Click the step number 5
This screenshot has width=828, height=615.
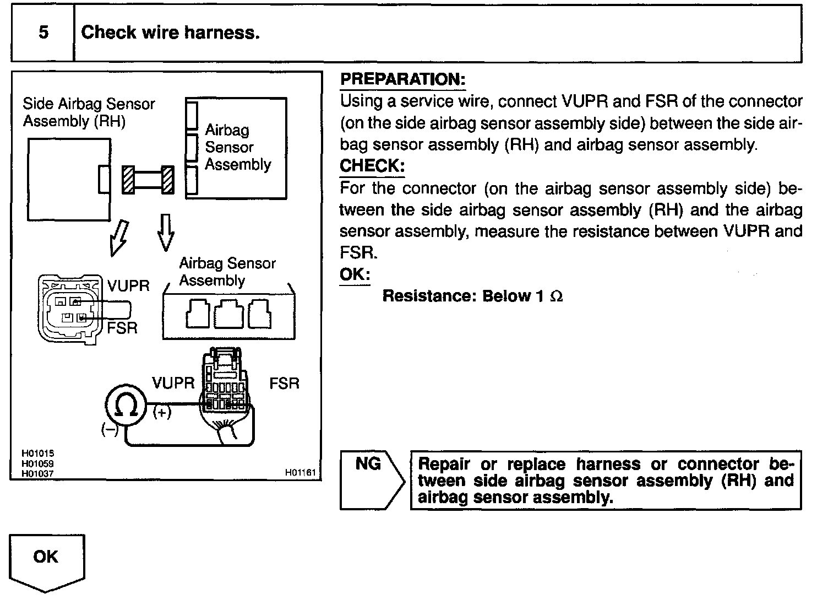coord(43,32)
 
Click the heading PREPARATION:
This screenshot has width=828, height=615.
coord(403,79)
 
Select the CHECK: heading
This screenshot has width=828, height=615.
coord(372,165)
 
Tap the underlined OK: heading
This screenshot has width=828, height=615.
coord(355,274)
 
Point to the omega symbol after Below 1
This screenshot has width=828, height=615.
coord(556,296)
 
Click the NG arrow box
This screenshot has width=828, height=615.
coord(372,480)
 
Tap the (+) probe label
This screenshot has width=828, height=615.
coord(162,413)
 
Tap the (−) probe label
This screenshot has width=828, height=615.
coord(110,430)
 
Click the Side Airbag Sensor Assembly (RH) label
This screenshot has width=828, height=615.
coord(89,112)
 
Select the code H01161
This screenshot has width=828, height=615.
coord(301,473)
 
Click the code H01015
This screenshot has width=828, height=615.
coord(37,454)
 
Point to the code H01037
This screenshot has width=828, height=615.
coord(37,474)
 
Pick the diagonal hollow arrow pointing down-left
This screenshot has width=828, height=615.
coord(119,239)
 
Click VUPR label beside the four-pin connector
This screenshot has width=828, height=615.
coord(128,286)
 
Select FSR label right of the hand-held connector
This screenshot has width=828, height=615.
coord(284,384)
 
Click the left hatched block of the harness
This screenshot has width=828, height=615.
coord(128,180)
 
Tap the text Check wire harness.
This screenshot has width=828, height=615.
coord(170,33)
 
